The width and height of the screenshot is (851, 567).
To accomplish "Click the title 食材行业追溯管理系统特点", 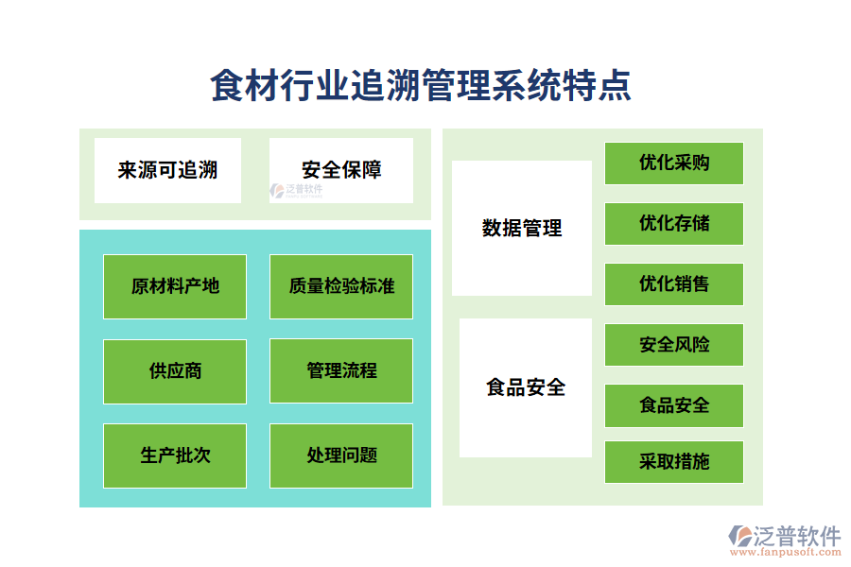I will (x=421, y=86).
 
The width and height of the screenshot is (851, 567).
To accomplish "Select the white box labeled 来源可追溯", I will (x=167, y=170).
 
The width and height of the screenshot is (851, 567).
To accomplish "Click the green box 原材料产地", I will (x=175, y=285).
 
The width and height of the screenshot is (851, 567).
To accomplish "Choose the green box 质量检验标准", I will (x=341, y=285).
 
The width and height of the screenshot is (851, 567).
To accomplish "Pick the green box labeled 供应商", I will (x=175, y=370).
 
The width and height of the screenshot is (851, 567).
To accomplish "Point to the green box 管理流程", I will (x=341, y=370).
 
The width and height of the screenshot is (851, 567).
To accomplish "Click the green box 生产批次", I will (x=175, y=455).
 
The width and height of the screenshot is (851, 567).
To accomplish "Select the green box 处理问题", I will (x=341, y=455).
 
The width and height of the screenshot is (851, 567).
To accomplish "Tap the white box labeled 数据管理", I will (x=522, y=228).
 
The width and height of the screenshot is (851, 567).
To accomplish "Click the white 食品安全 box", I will (x=526, y=387).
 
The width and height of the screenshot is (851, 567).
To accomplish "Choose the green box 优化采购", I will (x=674, y=163).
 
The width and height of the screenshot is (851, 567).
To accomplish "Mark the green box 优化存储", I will (x=674, y=223).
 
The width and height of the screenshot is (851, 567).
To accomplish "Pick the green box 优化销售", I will (x=674, y=283).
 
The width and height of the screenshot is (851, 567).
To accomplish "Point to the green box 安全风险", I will (x=674, y=345).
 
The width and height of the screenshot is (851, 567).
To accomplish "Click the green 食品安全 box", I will (x=674, y=405).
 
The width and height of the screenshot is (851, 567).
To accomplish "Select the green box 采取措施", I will (x=674, y=462).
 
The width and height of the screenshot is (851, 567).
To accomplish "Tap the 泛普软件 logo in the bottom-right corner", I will (x=784, y=536).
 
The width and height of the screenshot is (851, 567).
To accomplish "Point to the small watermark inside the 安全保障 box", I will (x=297, y=190).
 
